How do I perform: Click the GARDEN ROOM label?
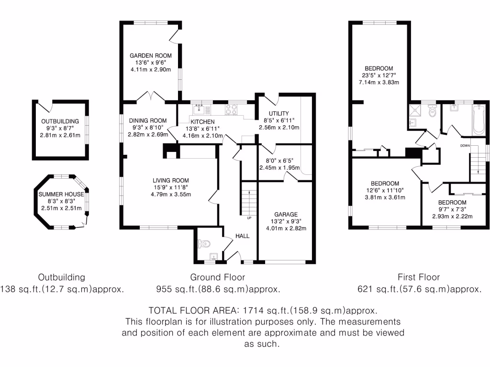click(151, 56)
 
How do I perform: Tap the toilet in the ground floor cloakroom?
click(206, 244)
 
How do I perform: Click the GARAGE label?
click(286, 215)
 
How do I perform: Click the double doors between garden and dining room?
click(151, 97)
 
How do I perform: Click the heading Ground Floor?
click(218, 277)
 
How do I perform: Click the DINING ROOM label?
click(151, 120)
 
